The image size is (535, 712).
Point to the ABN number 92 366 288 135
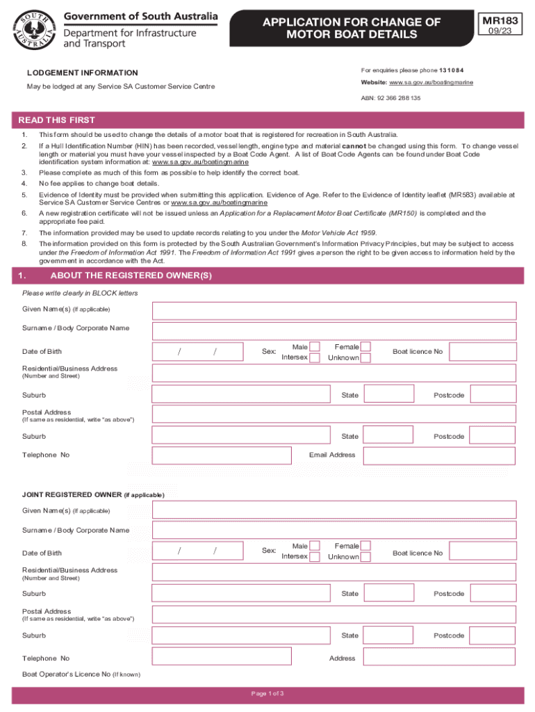(x=390, y=98)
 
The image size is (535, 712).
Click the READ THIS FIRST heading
(x=57, y=120)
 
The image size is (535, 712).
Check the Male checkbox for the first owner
(x=315, y=346)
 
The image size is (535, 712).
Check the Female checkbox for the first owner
(x=365, y=346)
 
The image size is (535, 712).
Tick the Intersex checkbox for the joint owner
(x=315, y=557)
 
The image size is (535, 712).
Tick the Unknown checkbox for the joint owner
(x=365, y=557)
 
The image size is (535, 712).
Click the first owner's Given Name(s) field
(x=334, y=311)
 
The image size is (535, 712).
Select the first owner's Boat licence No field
(x=483, y=351)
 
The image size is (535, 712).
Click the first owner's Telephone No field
(x=222, y=455)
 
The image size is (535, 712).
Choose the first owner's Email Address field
(x=440, y=455)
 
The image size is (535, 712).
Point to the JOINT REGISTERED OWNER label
(x=72, y=495)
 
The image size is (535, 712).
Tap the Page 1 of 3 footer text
(x=267, y=694)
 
